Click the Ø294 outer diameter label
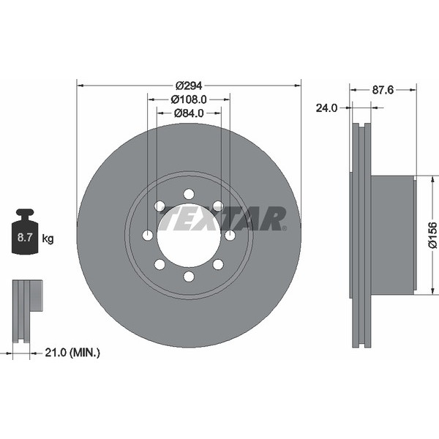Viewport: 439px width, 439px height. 189,86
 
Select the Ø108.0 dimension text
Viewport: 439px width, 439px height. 189,100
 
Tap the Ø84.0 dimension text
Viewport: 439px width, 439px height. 189,113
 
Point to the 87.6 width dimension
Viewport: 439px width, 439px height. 383,90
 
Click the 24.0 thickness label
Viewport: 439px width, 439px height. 327,108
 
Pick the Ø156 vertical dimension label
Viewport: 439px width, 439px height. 432,235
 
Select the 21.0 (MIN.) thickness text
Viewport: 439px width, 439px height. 72,353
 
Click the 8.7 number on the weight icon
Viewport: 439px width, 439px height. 25,237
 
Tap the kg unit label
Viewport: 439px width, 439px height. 48,239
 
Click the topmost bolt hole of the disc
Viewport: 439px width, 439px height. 189,194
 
